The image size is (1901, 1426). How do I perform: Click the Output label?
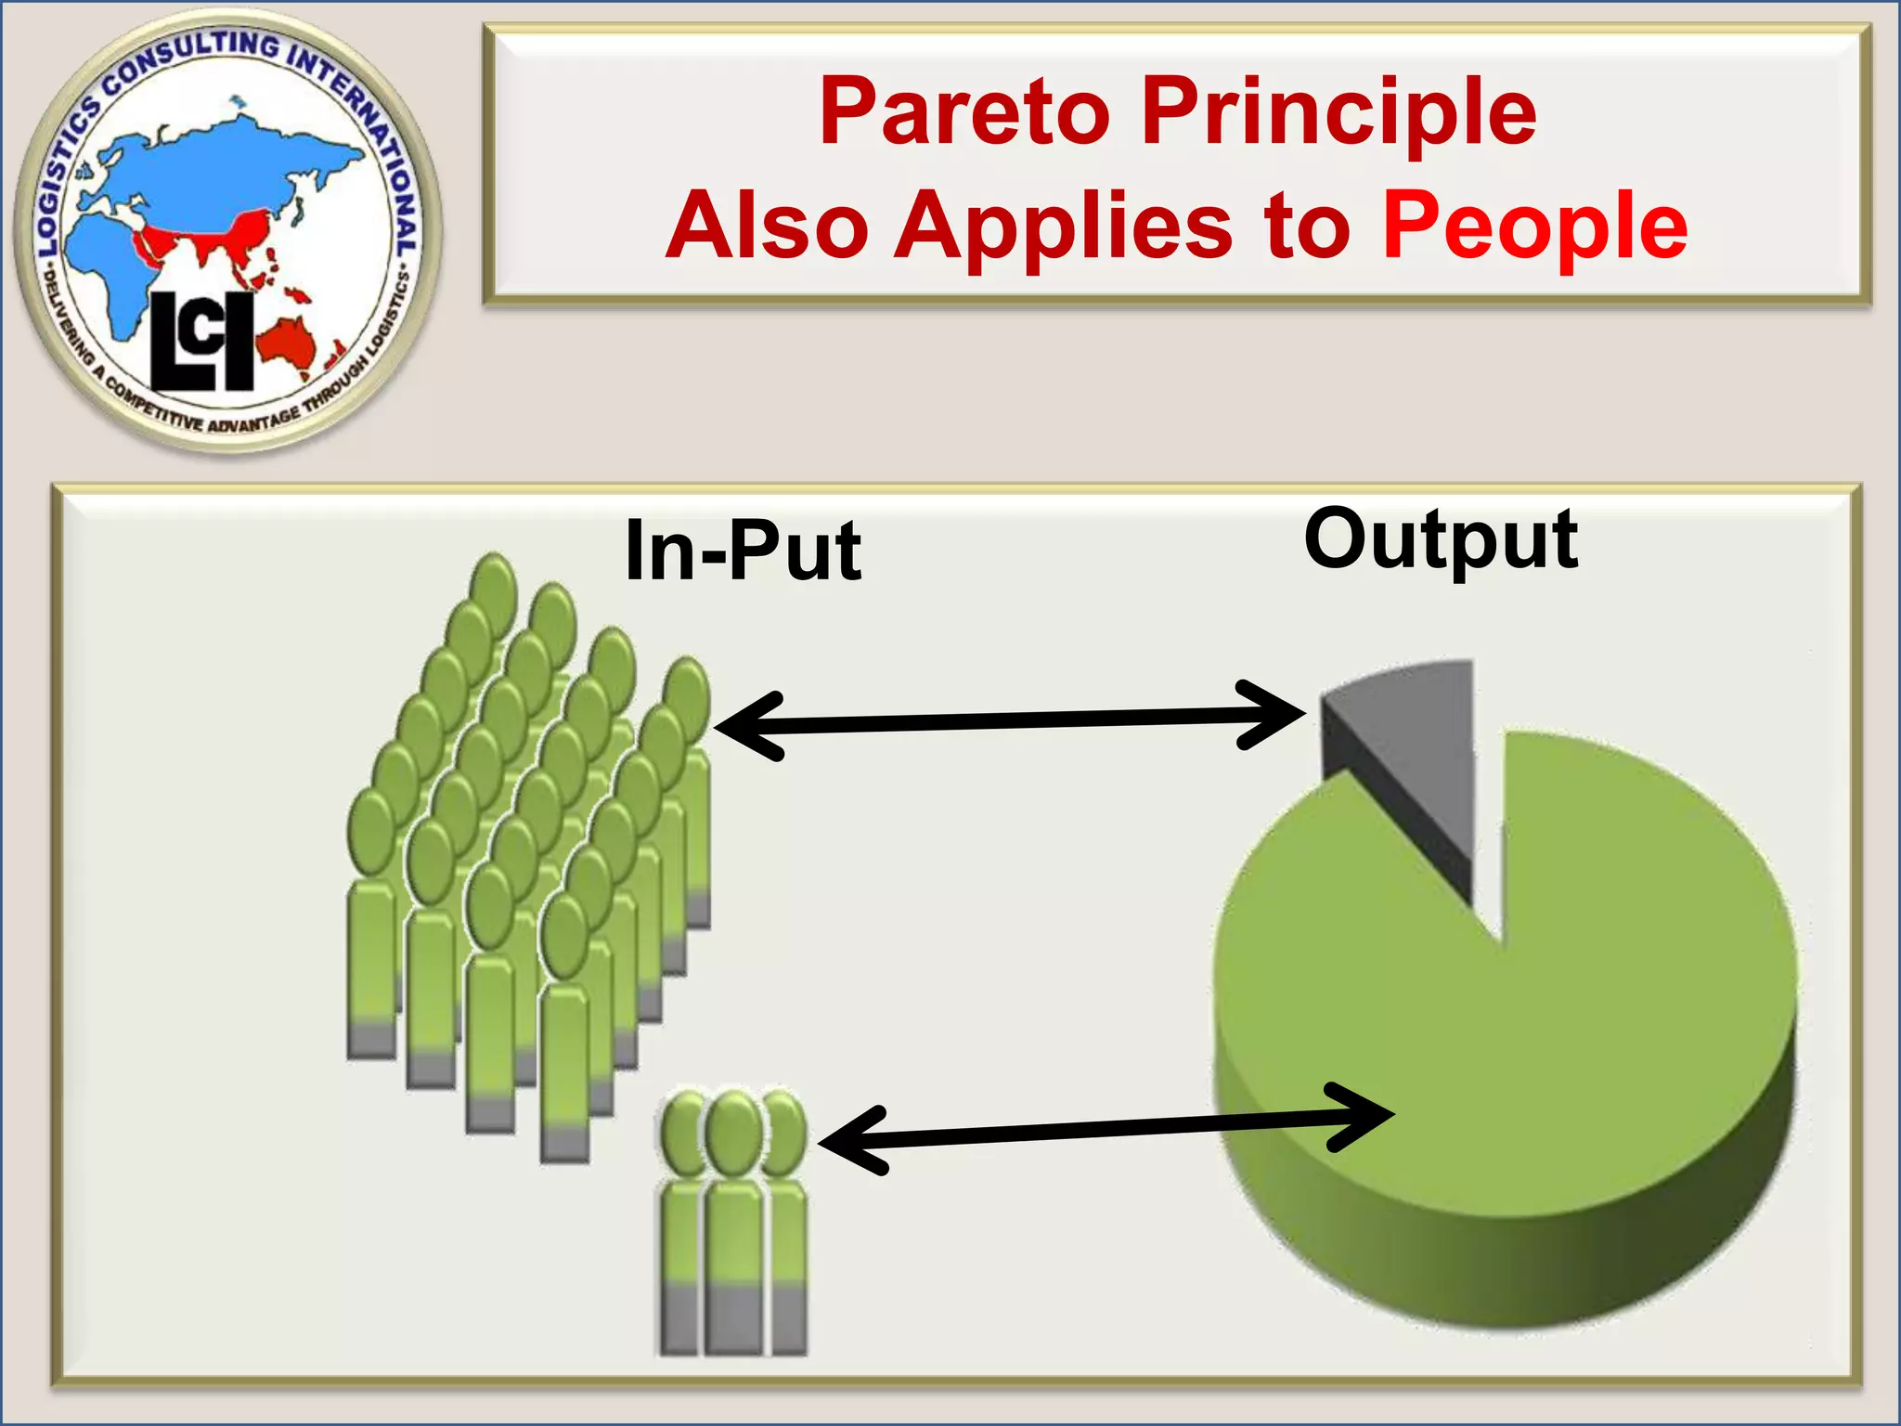[1441, 540]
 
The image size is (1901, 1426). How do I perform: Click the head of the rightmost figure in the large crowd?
[688, 699]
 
